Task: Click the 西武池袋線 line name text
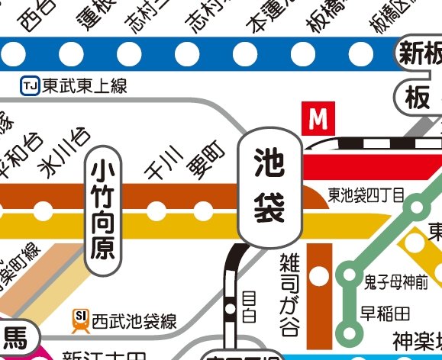134,321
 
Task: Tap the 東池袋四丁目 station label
366,194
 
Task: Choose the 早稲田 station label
385,313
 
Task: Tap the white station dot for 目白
230,309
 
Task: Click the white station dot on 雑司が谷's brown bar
320,274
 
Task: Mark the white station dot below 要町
203,209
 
